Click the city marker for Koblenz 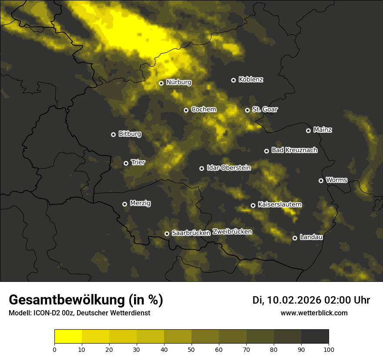[x=233, y=80]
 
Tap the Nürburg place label [x=178, y=82]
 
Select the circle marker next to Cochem [x=186, y=110]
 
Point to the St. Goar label [x=265, y=109]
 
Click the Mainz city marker [x=308, y=130]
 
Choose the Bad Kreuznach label [x=294, y=150]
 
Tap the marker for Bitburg [x=113, y=134]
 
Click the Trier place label [x=138, y=162]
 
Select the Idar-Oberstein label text [x=228, y=167]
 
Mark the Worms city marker [x=321, y=180]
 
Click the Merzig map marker [x=124, y=204]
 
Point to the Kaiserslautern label [x=280, y=204]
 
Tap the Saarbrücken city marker [x=167, y=234]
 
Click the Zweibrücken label [x=232, y=231]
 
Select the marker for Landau [x=295, y=238]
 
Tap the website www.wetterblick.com [x=314, y=313]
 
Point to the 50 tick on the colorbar [x=191, y=349]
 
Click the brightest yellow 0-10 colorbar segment [x=68, y=336]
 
